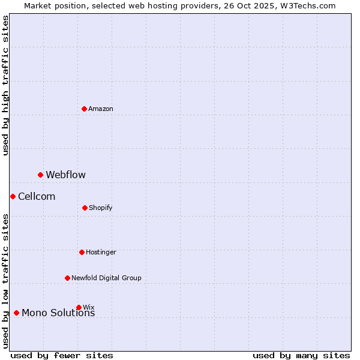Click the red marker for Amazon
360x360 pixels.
85,109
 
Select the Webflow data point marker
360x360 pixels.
41,175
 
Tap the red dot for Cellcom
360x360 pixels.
13,196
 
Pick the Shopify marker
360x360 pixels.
85,208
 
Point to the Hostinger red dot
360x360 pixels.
82,252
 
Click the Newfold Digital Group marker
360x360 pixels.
67,278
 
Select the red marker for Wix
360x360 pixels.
79,307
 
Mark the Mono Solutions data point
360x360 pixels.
16,313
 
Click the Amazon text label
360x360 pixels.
101,109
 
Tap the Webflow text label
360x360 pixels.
65,175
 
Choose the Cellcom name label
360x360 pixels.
37,196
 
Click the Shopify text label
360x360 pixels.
101,208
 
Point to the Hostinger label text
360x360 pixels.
101,252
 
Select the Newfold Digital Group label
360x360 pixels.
106,278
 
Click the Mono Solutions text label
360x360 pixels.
58,313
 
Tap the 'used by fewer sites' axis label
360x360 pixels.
62,355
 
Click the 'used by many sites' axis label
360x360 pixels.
301,355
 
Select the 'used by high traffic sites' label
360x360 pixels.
5,85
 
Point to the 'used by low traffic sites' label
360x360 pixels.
5,281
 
